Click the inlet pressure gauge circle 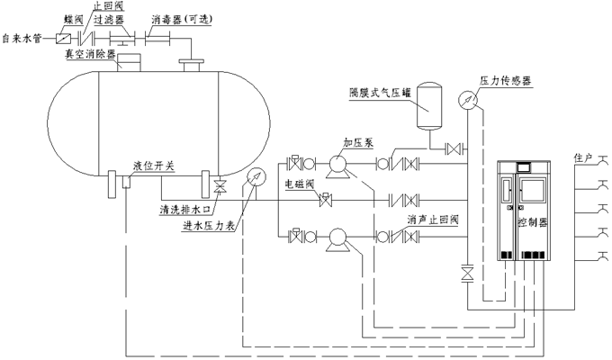point(256,177)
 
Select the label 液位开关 point(153,166)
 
